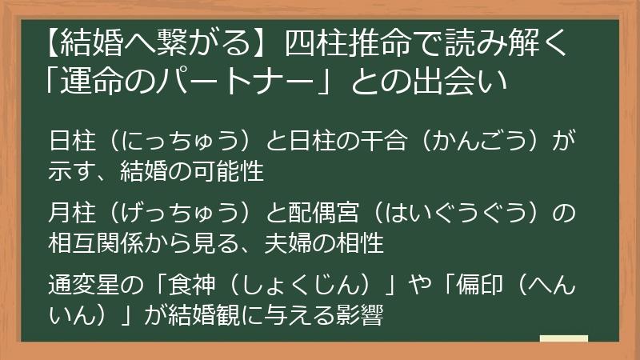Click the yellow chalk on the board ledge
tap(563, 339)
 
